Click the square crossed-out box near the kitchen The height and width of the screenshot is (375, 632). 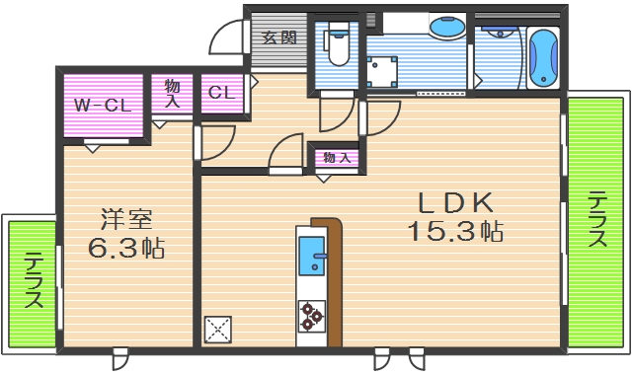(x=217, y=329)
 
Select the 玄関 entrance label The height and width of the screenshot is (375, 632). (x=278, y=38)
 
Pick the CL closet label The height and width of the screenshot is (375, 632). (x=220, y=93)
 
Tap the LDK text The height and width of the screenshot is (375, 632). (x=454, y=203)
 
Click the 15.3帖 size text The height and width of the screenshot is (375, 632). (x=455, y=233)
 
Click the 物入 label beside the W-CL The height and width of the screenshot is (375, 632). (x=172, y=95)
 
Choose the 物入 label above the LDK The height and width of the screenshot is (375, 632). (x=336, y=157)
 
